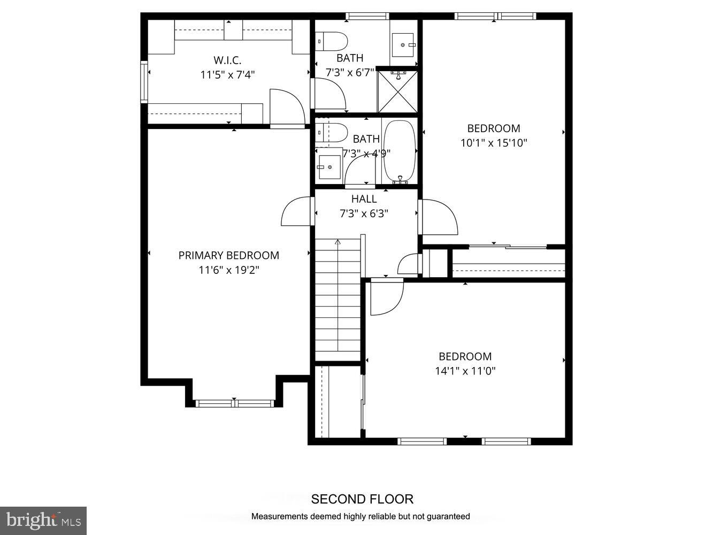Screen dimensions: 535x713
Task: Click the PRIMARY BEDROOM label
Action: pos(228,256)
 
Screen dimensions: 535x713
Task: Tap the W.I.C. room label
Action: pos(227,60)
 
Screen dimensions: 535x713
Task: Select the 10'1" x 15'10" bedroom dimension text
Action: pos(494,143)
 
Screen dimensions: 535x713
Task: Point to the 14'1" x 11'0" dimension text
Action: pos(465,371)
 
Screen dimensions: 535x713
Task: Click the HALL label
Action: pos(364,199)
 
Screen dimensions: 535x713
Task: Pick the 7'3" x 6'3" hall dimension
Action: pos(364,213)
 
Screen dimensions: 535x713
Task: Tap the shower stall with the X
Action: pos(397,91)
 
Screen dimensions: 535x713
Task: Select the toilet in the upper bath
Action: pos(332,41)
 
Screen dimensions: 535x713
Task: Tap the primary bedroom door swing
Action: pos(296,211)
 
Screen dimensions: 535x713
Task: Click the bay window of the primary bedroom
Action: pos(234,403)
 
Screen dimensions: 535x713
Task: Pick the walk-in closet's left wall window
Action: pos(144,82)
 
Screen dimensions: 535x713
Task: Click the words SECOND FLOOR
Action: pos(362,499)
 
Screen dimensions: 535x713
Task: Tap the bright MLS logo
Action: pos(43,520)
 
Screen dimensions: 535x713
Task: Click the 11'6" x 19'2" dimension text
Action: pos(228,270)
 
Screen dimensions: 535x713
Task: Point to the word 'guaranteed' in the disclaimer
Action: pos(446,516)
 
